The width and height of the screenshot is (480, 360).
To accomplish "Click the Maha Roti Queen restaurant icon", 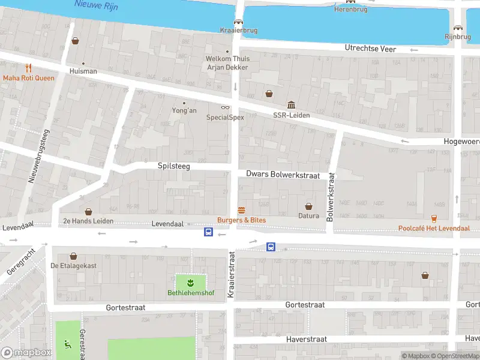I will tap(28, 68).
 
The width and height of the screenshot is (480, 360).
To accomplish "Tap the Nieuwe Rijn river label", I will tap(95, 5).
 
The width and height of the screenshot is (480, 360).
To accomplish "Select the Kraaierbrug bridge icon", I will tap(238, 22).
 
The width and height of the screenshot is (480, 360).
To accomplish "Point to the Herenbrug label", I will tap(350, 10).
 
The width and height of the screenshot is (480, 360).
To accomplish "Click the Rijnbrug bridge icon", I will tap(458, 28).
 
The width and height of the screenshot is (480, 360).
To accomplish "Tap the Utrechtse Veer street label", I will tap(370, 49).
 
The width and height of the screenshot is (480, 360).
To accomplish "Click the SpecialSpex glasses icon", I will tap(226, 108).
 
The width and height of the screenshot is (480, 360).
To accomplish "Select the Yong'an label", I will tap(184, 110).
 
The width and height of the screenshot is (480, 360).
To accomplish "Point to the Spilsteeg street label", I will tap(173, 166).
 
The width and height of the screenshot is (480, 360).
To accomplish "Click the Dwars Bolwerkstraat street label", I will tap(283, 174).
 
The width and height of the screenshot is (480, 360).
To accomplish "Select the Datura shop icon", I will tap(309, 206).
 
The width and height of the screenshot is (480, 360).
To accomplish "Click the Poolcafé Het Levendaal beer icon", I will tap(434, 218).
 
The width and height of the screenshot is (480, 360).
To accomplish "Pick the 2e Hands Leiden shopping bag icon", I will tap(89, 211).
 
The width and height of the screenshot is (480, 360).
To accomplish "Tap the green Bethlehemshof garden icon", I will tap(190, 282).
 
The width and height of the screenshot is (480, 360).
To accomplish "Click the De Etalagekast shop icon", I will tap(74, 256).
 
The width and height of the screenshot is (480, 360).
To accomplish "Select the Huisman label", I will tap(83, 71).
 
